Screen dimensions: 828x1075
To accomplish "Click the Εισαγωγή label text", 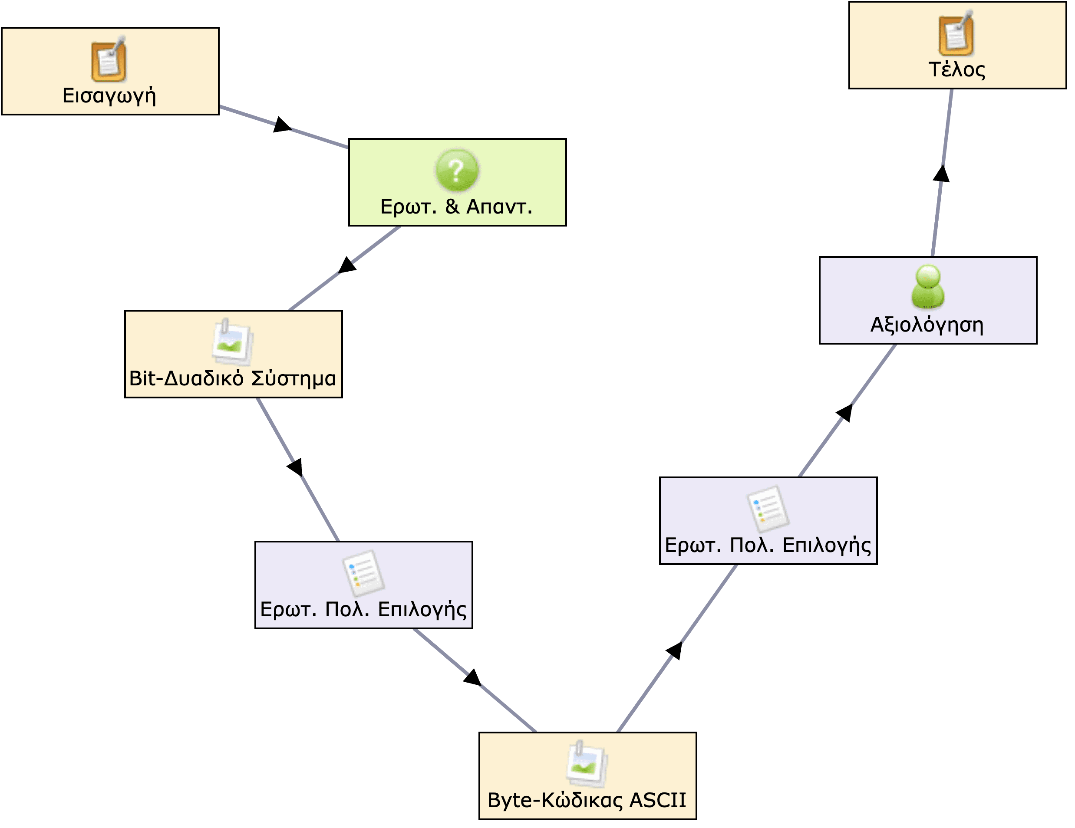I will [109, 95].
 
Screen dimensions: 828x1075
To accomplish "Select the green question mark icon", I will [457, 170].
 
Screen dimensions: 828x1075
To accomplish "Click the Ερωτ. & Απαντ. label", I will [456, 207].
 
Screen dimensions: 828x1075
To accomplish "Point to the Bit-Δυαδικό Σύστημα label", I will [232, 378].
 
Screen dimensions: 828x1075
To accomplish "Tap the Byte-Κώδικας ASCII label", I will [586, 800].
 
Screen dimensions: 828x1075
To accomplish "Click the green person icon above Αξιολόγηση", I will [928, 287].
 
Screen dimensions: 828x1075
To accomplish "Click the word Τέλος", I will [956, 69].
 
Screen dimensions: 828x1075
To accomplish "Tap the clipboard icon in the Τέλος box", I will [956, 33].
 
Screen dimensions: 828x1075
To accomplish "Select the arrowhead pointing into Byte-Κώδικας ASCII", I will [472, 677].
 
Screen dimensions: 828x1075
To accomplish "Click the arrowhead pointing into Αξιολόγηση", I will [844, 412].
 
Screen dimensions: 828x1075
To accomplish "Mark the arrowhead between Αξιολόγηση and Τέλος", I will [941, 174].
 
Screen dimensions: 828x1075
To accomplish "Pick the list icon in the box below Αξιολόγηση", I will [768, 509].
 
